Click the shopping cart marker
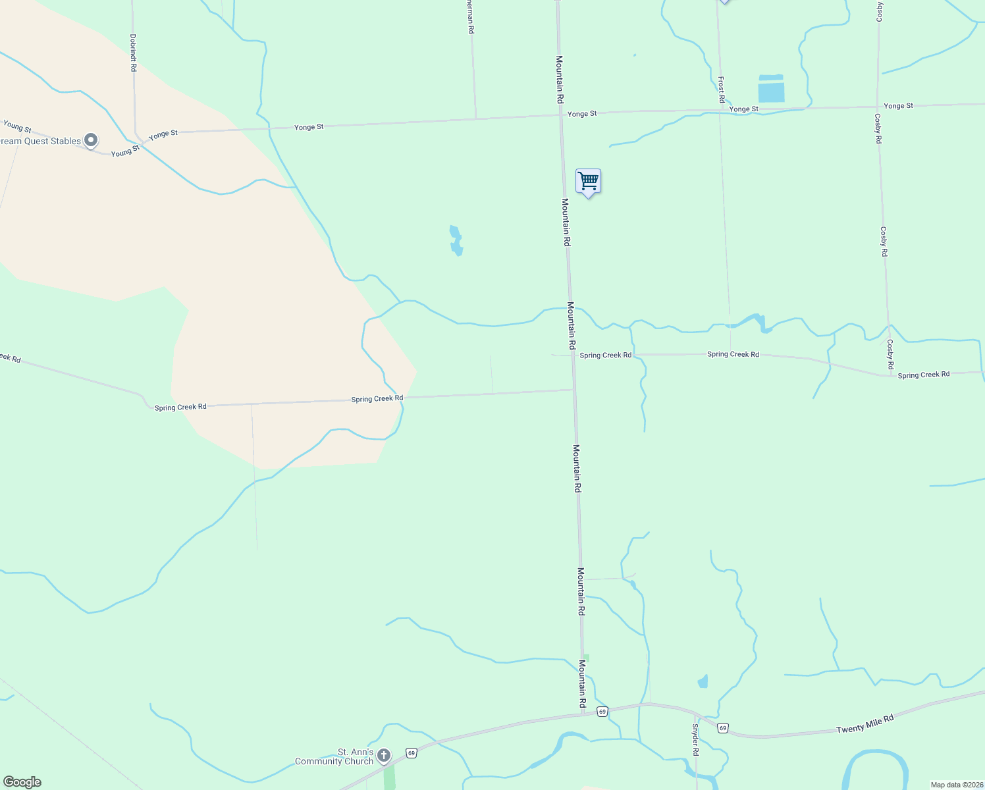[x=588, y=181]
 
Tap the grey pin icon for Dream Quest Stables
[x=92, y=140]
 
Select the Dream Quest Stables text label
[x=41, y=142]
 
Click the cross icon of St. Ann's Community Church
[x=384, y=756]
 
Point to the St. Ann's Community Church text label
[x=334, y=757]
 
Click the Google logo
[x=22, y=782]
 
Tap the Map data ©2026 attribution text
[x=957, y=785]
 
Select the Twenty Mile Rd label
[x=865, y=725]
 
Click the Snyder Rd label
[x=695, y=739]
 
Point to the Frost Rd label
[x=722, y=90]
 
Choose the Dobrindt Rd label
[x=133, y=53]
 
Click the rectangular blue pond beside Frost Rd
[x=771, y=89]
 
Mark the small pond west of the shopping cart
[x=456, y=241]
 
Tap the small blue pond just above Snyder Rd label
[x=703, y=681]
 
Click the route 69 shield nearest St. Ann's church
[x=412, y=752]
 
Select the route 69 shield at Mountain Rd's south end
[x=602, y=712]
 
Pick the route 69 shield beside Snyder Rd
[x=723, y=728]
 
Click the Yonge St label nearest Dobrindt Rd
[x=163, y=135]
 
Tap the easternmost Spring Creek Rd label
[x=924, y=375]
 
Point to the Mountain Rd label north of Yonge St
[x=560, y=80]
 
